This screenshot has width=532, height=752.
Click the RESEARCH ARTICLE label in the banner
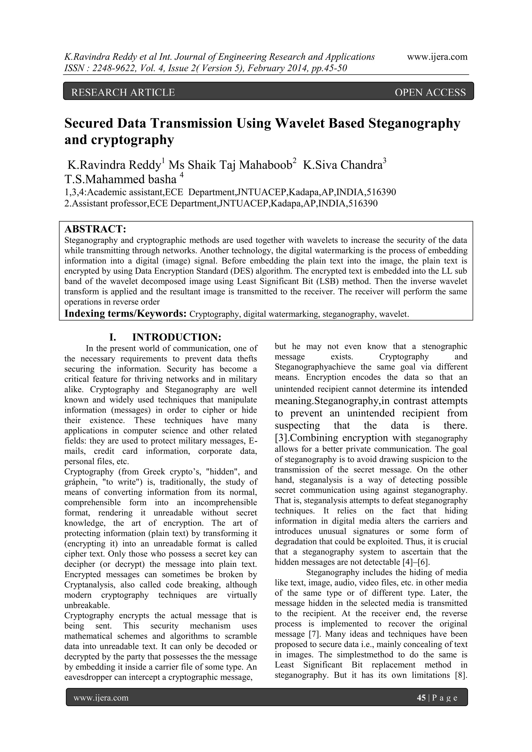click(x=123, y=93)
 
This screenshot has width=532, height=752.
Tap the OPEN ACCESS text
click(x=430, y=93)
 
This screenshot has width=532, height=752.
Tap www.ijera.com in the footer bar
click(x=101, y=698)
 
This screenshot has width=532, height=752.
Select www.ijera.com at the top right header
click(x=437, y=57)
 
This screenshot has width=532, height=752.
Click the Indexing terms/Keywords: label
click(x=125, y=314)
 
